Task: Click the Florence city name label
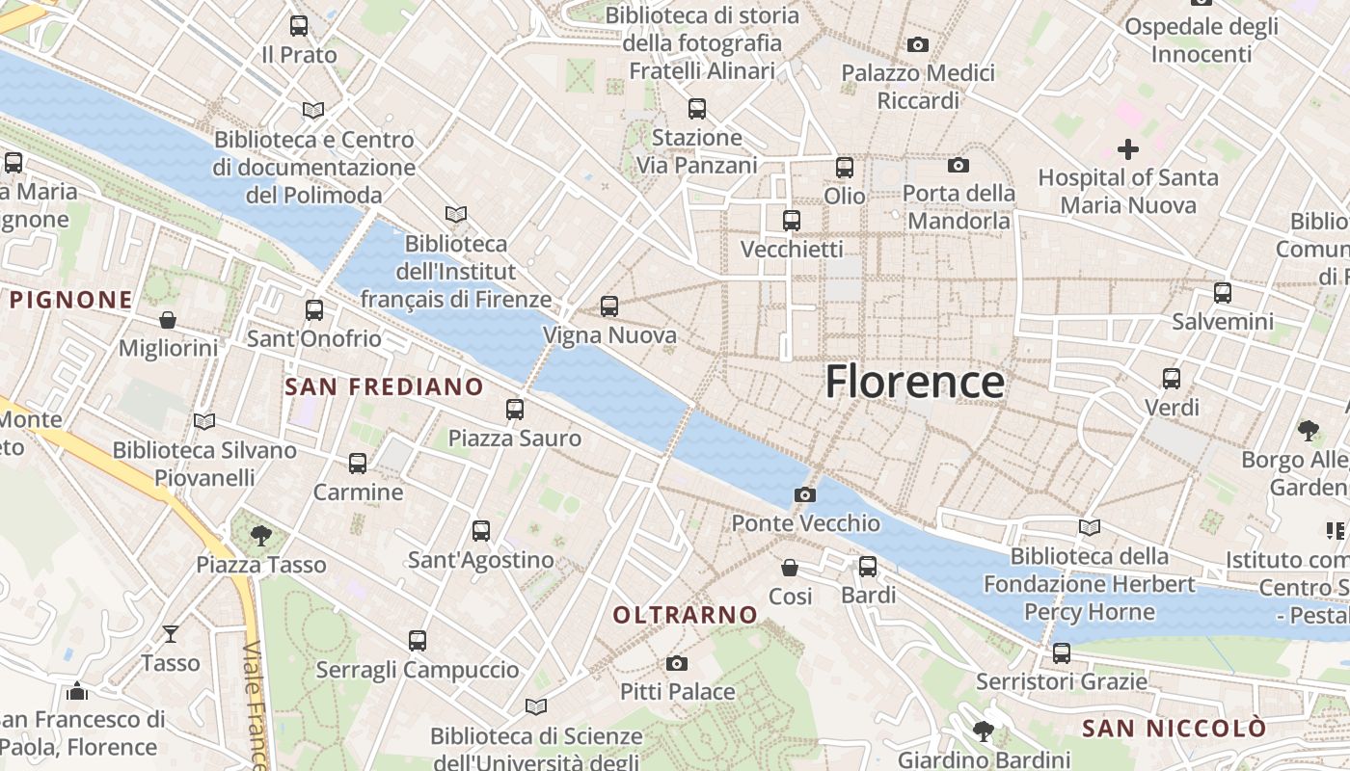(914, 382)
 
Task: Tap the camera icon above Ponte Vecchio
(805, 494)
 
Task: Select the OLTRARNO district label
(686, 614)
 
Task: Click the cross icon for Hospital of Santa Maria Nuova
(1127, 148)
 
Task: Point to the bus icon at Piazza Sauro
(515, 410)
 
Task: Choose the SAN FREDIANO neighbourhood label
(385, 386)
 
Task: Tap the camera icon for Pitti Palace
(677, 663)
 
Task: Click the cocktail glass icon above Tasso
(171, 633)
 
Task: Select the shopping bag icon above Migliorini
(168, 319)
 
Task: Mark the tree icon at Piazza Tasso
(260, 535)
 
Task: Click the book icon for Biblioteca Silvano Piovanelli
(204, 421)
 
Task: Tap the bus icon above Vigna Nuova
(609, 306)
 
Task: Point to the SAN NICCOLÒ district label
(1173, 728)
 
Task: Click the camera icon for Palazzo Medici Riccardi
(918, 44)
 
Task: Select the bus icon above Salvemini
(1223, 292)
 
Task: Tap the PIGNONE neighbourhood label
(71, 299)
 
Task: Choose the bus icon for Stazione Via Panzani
(697, 109)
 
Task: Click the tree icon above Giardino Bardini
(984, 731)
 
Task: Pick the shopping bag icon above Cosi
(790, 567)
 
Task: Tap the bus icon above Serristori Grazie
(1062, 652)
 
